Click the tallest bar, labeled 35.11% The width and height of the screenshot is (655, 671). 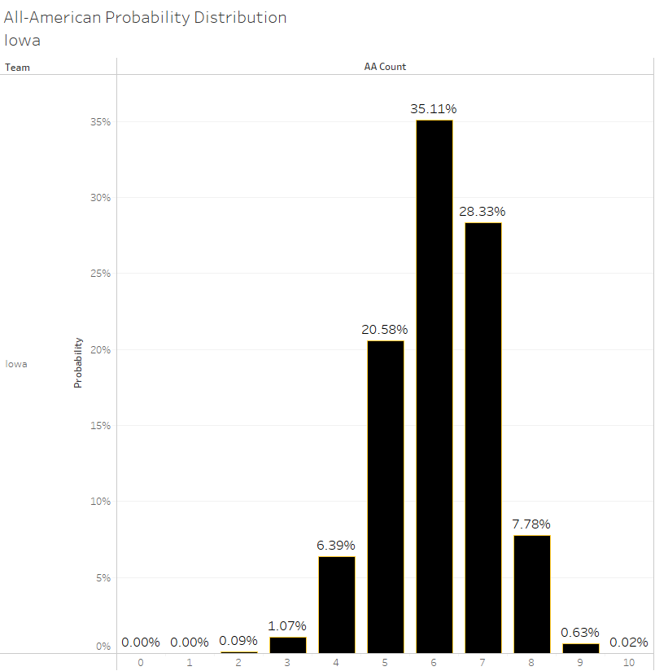click(x=434, y=386)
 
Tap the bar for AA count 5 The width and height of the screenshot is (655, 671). click(x=385, y=496)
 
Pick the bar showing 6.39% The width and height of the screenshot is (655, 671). click(x=336, y=604)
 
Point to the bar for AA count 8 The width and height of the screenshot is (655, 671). click(x=531, y=594)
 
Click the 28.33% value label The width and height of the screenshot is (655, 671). click(x=483, y=212)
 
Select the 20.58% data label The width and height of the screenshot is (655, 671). click(x=385, y=330)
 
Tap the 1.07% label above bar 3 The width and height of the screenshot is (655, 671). click(x=287, y=626)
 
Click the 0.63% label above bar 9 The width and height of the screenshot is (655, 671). click(x=580, y=633)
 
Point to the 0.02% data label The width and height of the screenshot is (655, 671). click(x=629, y=642)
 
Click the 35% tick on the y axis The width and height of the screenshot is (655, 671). click(x=100, y=122)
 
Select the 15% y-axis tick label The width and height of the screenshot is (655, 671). click(x=100, y=426)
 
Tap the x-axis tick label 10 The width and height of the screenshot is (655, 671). click(x=629, y=663)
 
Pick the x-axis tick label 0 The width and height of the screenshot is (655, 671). click(x=141, y=663)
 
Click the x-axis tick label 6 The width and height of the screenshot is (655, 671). click(x=434, y=663)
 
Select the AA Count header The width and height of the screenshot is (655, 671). click(x=385, y=67)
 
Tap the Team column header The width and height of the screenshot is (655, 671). click(x=17, y=68)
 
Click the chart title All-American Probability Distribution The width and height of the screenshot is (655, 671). click(x=146, y=17)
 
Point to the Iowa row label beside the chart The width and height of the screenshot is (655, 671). click(x=16, y=364)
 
